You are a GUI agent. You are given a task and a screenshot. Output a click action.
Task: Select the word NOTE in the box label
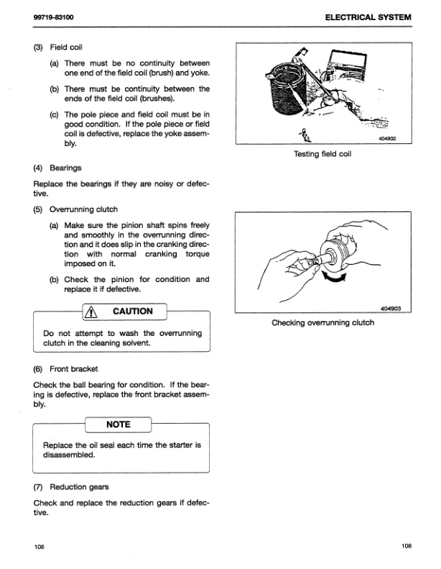118,424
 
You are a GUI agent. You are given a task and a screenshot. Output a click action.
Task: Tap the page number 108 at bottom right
407,547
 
